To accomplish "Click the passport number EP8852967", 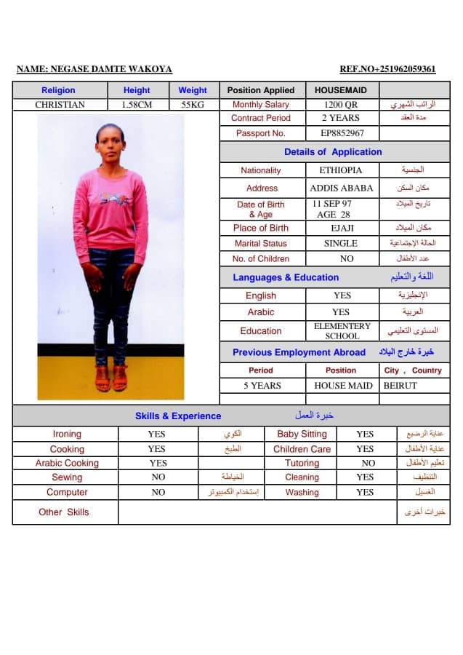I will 342,133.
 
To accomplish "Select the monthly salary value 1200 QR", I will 341,105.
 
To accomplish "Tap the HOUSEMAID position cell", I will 341,90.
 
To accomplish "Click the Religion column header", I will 58,90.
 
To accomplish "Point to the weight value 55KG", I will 192,105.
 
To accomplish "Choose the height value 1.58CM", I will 137,105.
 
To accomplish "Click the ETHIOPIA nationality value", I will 341,170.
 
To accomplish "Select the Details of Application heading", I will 332,152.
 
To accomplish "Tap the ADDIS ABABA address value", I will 341,188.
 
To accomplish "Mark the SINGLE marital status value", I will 341,244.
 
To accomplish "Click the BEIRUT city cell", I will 400,386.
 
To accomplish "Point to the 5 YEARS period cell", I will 262,386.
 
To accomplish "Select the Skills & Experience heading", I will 178,416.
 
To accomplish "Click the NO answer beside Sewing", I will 158,477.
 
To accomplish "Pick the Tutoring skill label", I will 302,463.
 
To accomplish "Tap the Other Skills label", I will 64,512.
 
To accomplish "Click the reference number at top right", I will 387,69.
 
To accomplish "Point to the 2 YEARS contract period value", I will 341,118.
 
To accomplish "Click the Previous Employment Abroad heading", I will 299,352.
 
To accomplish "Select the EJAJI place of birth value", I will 342,229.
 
